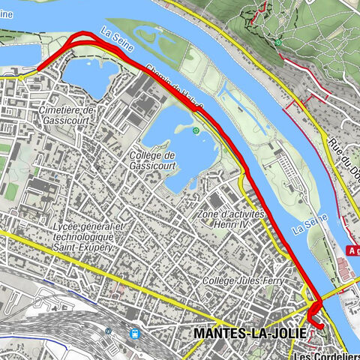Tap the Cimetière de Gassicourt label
click(x=68, y=115)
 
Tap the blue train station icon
click(x=135, y=334)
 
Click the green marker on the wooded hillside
click(x=279, y=43)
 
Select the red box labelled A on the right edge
click(x=353, y=251)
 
